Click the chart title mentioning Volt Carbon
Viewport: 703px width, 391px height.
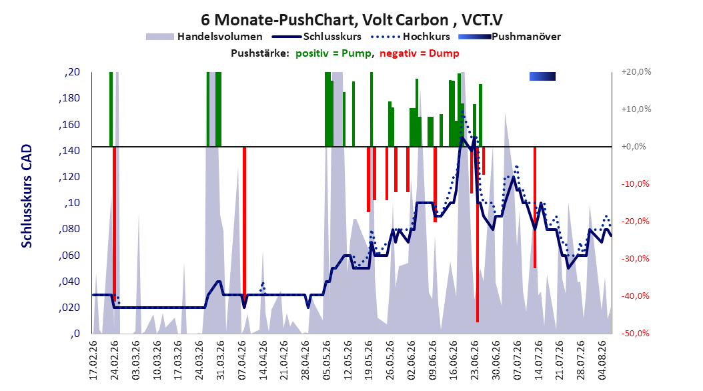tap(351, 20)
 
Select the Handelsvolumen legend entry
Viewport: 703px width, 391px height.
tap(204, 37)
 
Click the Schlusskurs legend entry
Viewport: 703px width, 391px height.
tap(317, 37)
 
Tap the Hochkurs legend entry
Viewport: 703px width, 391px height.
tap(410, 37)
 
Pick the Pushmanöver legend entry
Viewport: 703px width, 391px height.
tap(510, 37)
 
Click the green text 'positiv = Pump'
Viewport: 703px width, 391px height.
tap(333, 53)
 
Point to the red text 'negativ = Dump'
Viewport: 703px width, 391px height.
tap(420, 53)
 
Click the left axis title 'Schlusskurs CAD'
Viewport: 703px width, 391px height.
tap(27, 195)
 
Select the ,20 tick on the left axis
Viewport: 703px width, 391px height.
tap(72, 72)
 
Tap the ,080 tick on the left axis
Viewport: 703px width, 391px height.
tap(69, 229)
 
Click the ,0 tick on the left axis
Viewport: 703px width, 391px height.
tap(75, 333)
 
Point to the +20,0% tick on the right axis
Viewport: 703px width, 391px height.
tap(636, 72)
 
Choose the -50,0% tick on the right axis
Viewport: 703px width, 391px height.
tap(635, 333)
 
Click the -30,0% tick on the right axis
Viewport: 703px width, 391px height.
tap(635, 258)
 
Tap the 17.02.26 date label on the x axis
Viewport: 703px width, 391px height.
tap(93, 360)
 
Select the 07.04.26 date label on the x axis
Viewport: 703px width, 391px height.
tap(242, 360)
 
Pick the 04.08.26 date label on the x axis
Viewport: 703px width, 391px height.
tap(602, 360)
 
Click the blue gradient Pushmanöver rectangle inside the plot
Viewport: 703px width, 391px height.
tap(542, 76)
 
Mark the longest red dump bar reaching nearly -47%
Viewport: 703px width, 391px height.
tap(478, 234)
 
